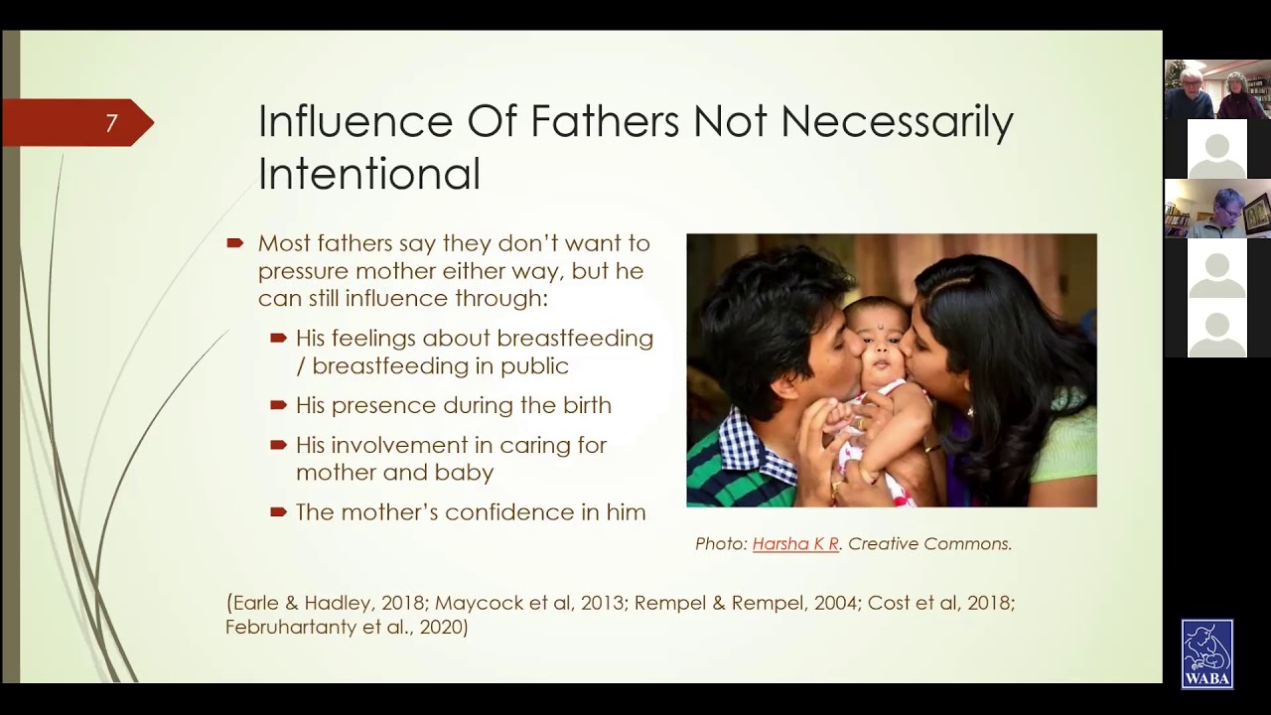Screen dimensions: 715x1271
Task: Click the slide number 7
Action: (x=111, y=123)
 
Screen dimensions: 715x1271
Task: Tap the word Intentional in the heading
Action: (x=368, y=173)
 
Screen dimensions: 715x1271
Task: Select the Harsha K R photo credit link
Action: (x=795, y=544)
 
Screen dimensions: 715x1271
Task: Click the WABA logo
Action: (x=1206, y=653)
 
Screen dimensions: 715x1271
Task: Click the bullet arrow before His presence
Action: (x=278, y=405)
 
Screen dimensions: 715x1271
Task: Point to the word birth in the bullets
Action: (x=581, y=405)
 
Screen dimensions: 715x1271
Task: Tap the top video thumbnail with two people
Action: (x=1216, y=89)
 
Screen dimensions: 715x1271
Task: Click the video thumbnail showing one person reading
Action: (x=1216, y=209)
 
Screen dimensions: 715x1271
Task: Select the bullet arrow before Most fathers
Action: (x=235, y=243)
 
